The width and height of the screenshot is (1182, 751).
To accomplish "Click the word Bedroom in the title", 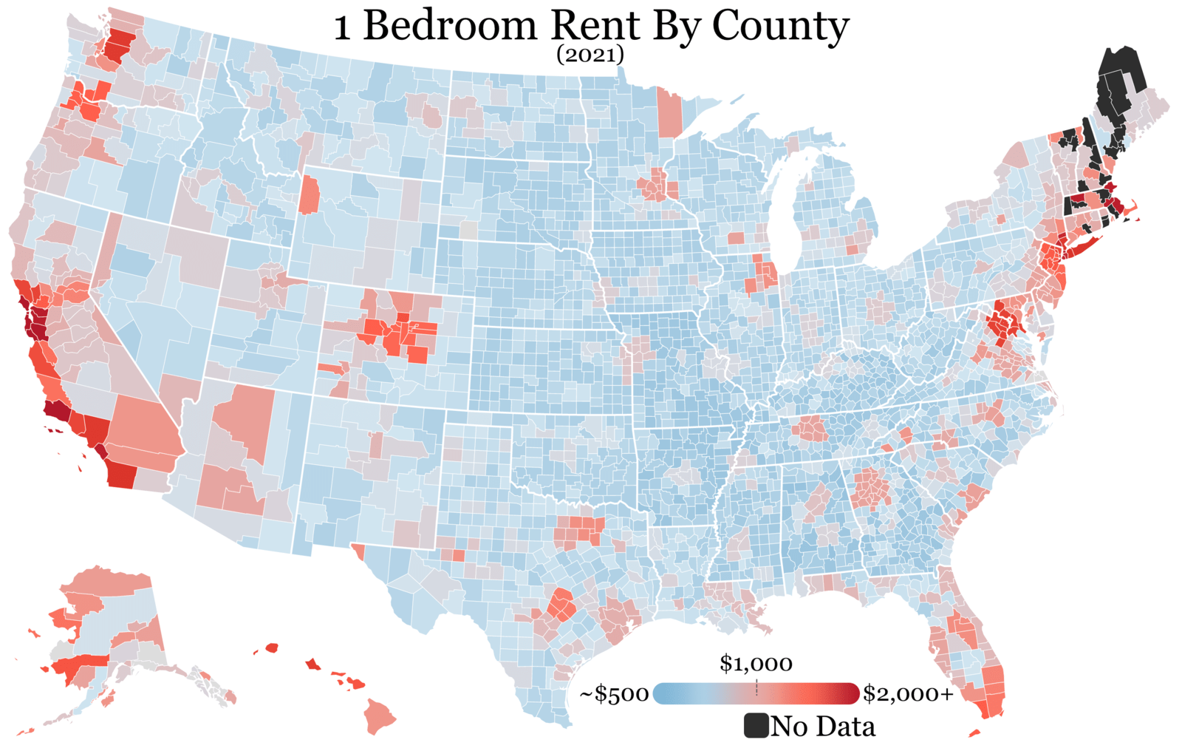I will point(450,27).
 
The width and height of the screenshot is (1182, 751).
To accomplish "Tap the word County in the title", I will point(780,27).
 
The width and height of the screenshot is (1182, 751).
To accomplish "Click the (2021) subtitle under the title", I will point(590,55).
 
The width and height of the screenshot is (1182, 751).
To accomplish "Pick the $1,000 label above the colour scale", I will point(756,664).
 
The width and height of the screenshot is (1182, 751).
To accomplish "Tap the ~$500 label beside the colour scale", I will point(614,694).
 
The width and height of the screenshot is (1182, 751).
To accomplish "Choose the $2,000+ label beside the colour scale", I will point(908,694).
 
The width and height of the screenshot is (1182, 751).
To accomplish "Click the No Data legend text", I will point(823,727).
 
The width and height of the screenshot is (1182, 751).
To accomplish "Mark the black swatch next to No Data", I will point(756,726).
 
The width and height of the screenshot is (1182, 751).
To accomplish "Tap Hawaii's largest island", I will point(380,717).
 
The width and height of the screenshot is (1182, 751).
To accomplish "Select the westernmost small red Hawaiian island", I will point(272,648).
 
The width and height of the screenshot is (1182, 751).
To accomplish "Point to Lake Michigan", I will point(785,214).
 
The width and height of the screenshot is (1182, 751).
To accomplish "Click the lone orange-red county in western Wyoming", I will point(310,194).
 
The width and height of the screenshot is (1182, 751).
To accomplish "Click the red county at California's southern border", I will point(122,475).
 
